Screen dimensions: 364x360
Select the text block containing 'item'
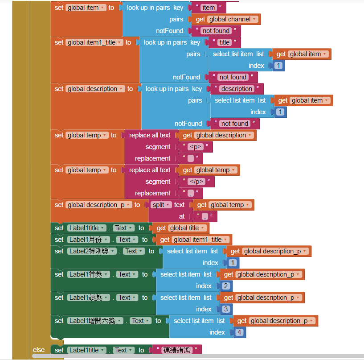[208, 8]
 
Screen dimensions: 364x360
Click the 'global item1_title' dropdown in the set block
[94, 42]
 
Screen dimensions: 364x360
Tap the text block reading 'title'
[224, 42]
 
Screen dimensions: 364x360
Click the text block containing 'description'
[237, 89]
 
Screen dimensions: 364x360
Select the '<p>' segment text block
[196, 147]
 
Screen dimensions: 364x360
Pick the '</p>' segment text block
[196, 182]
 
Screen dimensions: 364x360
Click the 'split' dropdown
[161, 205]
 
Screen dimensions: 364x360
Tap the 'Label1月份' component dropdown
[89, 240]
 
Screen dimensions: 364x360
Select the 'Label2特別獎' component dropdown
[92, 251]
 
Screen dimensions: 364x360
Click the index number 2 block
[226, 286]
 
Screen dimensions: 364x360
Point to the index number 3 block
[226, 309]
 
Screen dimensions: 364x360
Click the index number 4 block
[239, 332]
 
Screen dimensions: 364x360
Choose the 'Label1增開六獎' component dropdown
[95, 321]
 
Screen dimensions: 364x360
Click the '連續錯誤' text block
[177, 350]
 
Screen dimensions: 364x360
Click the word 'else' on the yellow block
[38, 350]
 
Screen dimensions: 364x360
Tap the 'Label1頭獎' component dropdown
[89, 298]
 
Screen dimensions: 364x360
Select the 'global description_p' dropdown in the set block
[99, 205]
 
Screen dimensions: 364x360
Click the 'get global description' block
[217, 135]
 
